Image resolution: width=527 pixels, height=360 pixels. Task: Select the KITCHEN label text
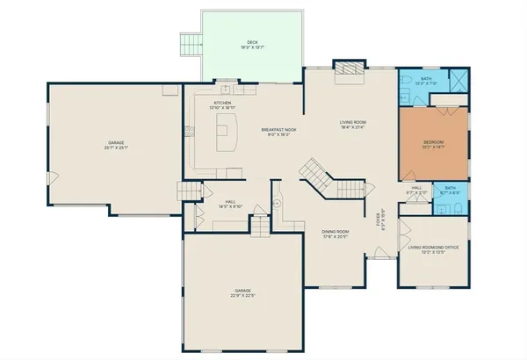pos(223,105)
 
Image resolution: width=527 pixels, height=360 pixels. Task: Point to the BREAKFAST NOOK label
pos(278,132)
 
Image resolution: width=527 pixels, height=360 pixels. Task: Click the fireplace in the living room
pos(347,72)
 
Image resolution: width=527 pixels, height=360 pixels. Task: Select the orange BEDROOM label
pos(434,144)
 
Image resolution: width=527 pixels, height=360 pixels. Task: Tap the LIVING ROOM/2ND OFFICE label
pos(433,249)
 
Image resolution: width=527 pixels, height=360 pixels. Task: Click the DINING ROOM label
pos(336,234)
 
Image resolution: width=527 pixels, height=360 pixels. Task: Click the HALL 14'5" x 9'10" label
pos(230,205)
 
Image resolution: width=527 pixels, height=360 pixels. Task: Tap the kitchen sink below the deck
pos(226,90)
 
